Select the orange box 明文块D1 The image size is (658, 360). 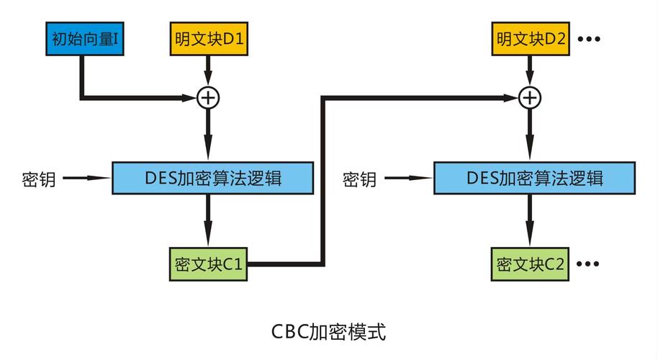(x=209, y=39)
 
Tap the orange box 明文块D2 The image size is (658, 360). (x=531, y=39)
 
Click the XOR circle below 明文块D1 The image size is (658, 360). (x=209, y=97)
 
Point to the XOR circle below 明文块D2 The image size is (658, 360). (x=531, y=97)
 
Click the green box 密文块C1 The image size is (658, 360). (x=209, y=264)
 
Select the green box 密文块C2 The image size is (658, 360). (x=531, y=264)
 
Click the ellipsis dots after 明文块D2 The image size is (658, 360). (x=588, y=39)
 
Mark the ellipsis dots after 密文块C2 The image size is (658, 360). (x=588, y=264)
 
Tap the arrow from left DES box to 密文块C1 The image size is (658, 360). (x=209, y=220)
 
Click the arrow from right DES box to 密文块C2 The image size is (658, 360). (x=531, y=220)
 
